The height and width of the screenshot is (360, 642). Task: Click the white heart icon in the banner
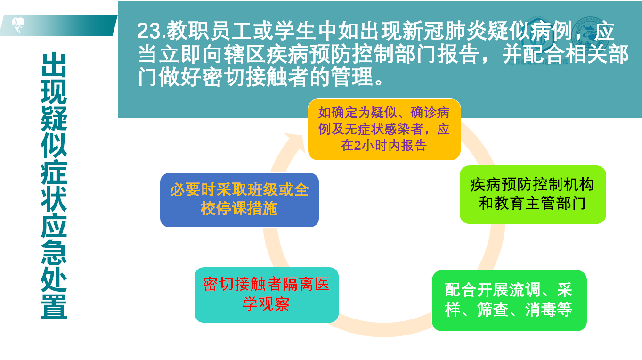[18, 25]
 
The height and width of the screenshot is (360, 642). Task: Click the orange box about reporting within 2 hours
[384, 129]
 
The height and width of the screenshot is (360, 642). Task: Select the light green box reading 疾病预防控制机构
[533, 194]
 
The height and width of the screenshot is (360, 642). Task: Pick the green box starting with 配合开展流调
[509, 300]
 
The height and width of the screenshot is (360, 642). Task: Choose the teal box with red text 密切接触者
[267, 295]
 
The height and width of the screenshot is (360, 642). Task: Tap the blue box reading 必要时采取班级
[239, 200]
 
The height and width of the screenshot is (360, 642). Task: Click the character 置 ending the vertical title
[54, 306]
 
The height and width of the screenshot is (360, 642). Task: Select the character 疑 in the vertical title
[54, 118]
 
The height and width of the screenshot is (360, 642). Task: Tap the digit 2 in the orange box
[357, 146]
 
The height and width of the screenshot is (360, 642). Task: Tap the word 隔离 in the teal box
[298, 285]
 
